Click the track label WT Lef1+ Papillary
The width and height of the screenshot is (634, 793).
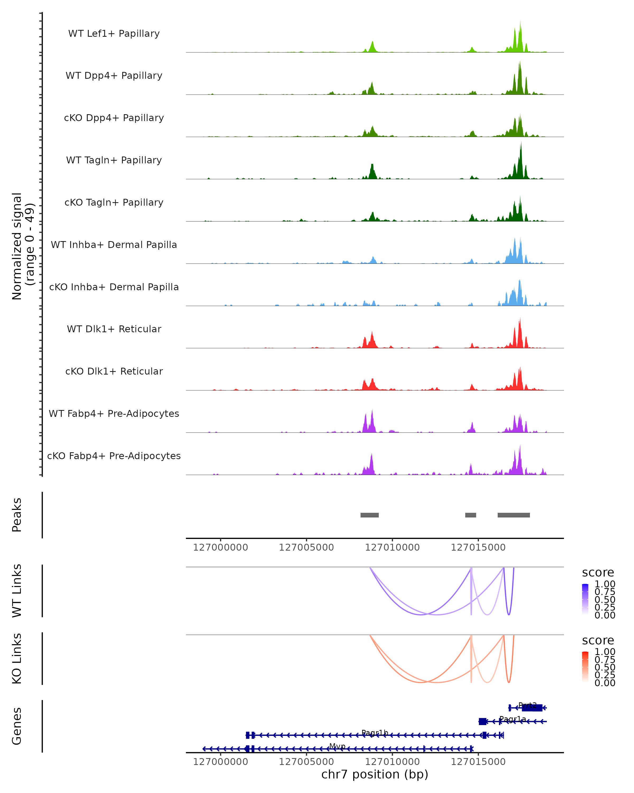click(114, 34)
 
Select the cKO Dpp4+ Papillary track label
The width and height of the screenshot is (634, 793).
click(114, 118)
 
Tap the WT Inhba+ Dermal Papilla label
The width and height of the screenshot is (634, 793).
click(114, 245)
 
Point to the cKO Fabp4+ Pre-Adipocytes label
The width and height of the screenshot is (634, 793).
click(114, 456)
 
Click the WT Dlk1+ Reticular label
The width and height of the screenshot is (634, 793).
click(114, 329)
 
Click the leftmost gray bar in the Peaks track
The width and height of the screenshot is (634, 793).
click(369, 515)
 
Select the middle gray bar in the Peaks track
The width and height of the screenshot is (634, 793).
click(470, 515)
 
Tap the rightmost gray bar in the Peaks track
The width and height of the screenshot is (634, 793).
click(514, 515)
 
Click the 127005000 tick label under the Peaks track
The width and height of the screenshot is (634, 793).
click(306, 548)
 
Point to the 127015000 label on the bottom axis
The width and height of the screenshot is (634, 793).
click(478, 762)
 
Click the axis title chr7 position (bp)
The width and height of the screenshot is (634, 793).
click(375, 775)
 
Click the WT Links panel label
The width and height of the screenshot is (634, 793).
click(17, 591)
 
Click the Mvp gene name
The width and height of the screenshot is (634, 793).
click(337, 746)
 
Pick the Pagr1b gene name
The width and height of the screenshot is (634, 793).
click(375, 733)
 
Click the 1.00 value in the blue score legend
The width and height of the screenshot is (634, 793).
click(605, 584)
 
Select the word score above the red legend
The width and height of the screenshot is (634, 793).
click(598, 640)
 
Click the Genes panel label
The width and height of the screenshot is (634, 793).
click(17, 726)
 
